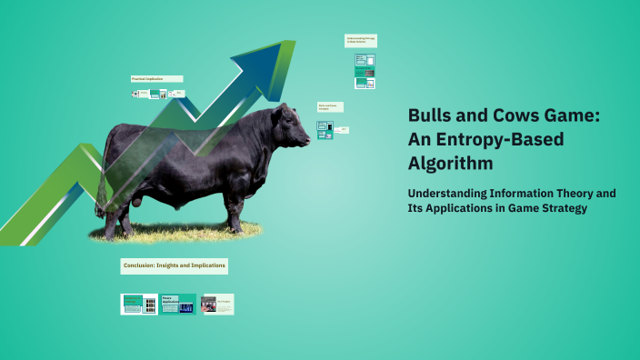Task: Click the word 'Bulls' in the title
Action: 429,117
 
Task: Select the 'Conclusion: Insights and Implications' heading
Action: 174,266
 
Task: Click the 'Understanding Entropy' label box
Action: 360,41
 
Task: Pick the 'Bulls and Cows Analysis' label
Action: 330,107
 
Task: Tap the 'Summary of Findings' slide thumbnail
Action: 139,304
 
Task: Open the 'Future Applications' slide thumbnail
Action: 178,304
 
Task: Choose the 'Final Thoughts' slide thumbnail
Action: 217,304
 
